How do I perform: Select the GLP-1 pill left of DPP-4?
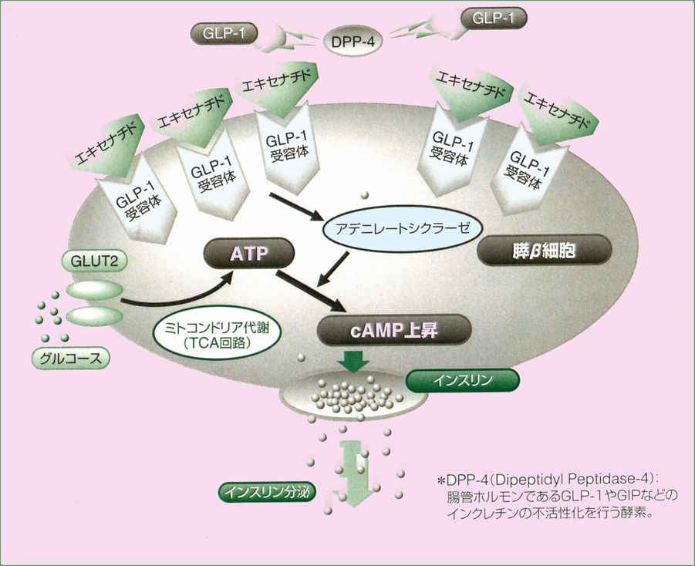point(224,34)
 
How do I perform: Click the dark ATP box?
point(248,253)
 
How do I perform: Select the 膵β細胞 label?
point(545,251)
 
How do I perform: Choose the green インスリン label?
point(463,380)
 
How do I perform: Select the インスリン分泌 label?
point(267,490)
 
